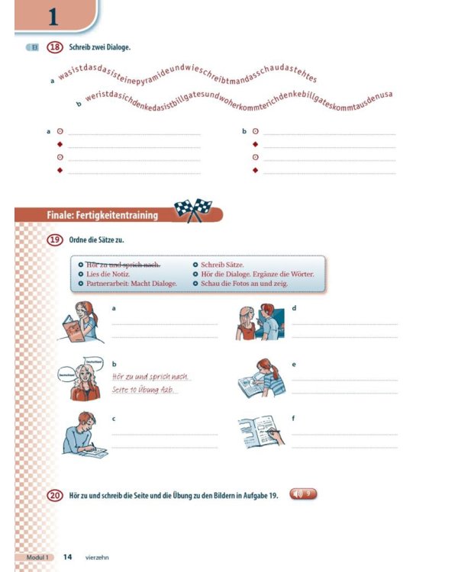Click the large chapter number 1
click(x=52, y=16)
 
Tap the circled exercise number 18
click(x=54, y=47)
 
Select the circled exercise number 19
click(x=54, y=239)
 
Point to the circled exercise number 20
click(x=54, y=496)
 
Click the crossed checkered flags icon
click(x=192, y=209)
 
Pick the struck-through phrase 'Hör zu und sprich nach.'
click(x=123, y=265)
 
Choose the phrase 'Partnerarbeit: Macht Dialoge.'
click(x=131, y=284)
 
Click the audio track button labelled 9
click(x=303, y=495)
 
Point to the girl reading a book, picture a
click(x=79, y=322)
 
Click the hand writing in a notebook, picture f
click(x=260, y=432)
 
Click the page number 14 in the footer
click(x=67, y=558)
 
